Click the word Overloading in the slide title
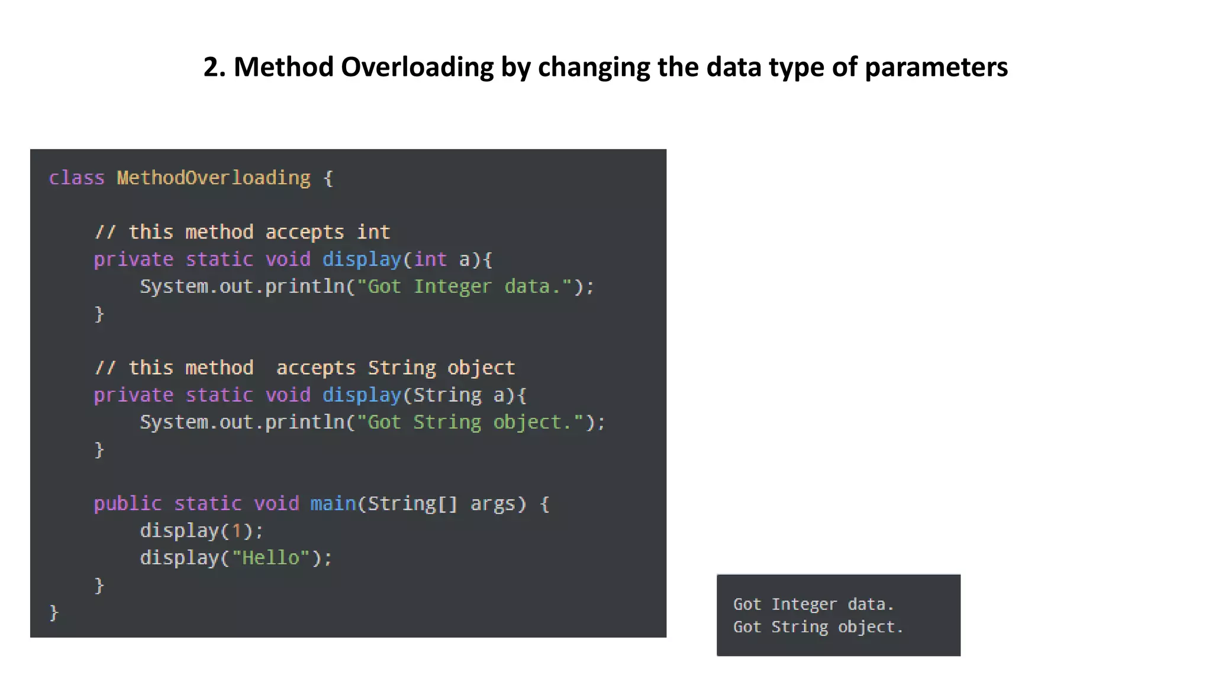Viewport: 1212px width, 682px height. point(417,67)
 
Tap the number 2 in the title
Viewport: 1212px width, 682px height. point(211,67)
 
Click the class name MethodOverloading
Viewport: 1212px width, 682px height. point(214,178)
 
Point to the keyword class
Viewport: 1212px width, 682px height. point(76,178)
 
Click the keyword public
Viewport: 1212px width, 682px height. point(127,504)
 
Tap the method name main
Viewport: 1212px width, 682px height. point(333,504)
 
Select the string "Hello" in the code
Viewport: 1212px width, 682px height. point(270,558)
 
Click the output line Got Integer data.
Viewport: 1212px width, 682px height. point(813,604)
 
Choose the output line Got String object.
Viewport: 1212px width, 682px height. point(818,627)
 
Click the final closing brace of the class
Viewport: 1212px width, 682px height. point(54,612)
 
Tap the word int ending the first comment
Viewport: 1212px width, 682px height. point(373,232)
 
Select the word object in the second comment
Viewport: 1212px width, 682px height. point(481,368)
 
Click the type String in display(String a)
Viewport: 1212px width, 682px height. point(447,395)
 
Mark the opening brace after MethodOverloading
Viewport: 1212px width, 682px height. point(328,178)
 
